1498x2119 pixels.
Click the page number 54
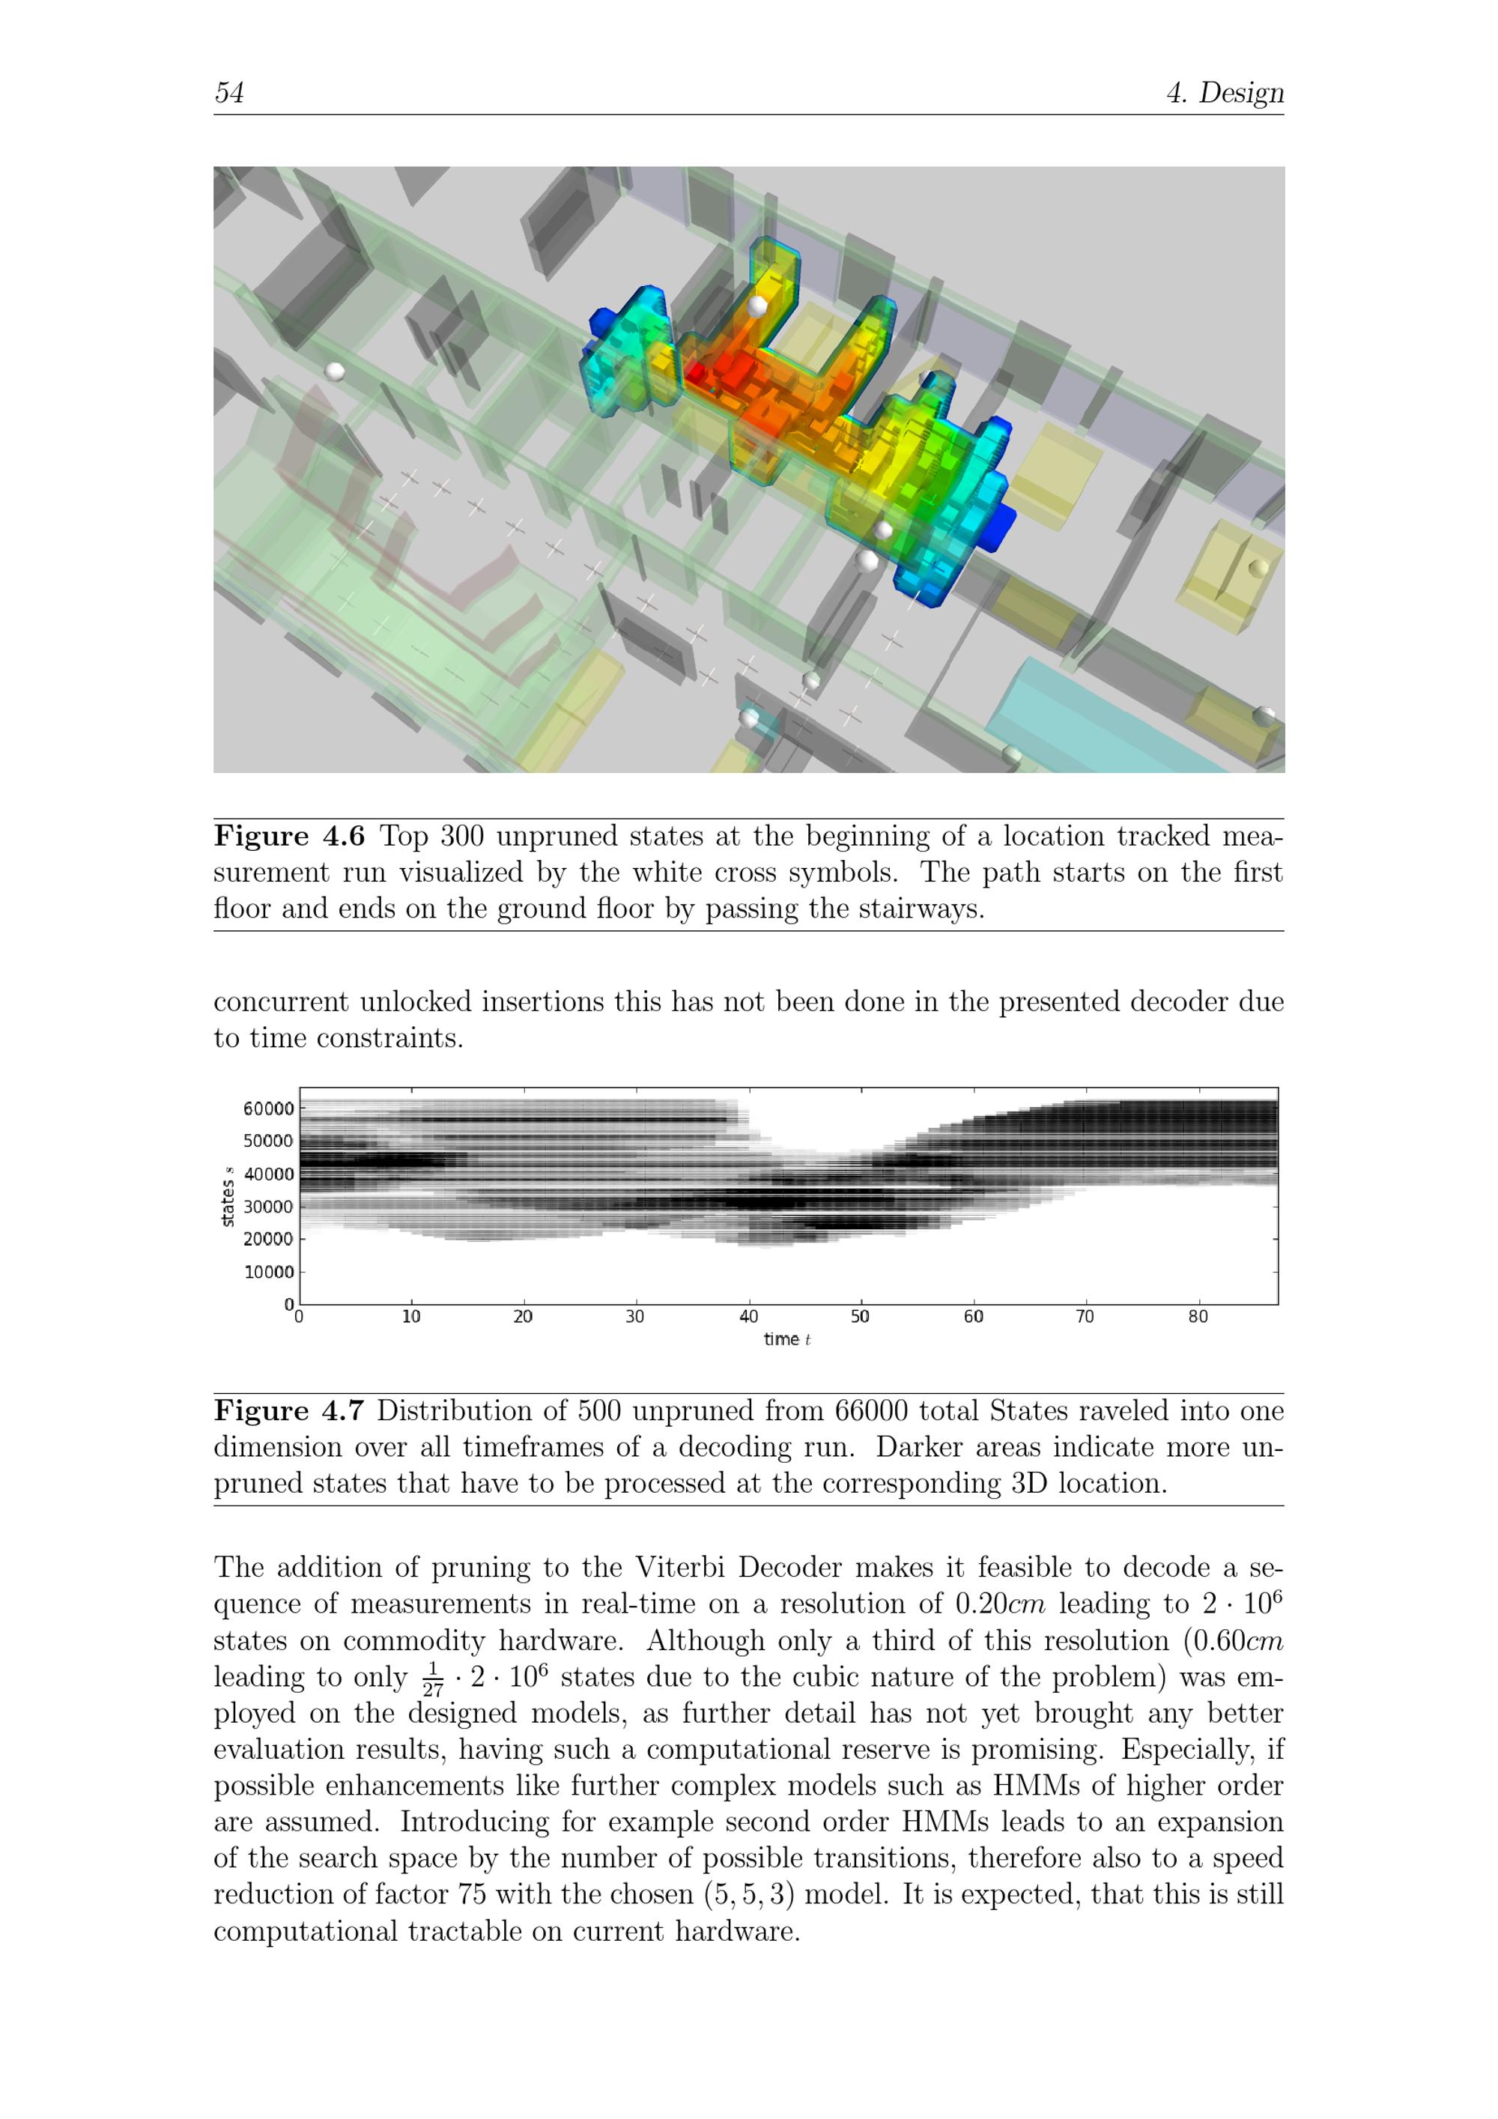229,92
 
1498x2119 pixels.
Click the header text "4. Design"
1224,92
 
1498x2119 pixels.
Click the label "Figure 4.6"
289,836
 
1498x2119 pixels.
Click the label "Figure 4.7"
289,1411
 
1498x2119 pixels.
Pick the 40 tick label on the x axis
748,1317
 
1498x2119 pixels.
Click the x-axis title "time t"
786,1339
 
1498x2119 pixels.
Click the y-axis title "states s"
227,1197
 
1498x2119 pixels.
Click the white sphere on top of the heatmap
756,306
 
